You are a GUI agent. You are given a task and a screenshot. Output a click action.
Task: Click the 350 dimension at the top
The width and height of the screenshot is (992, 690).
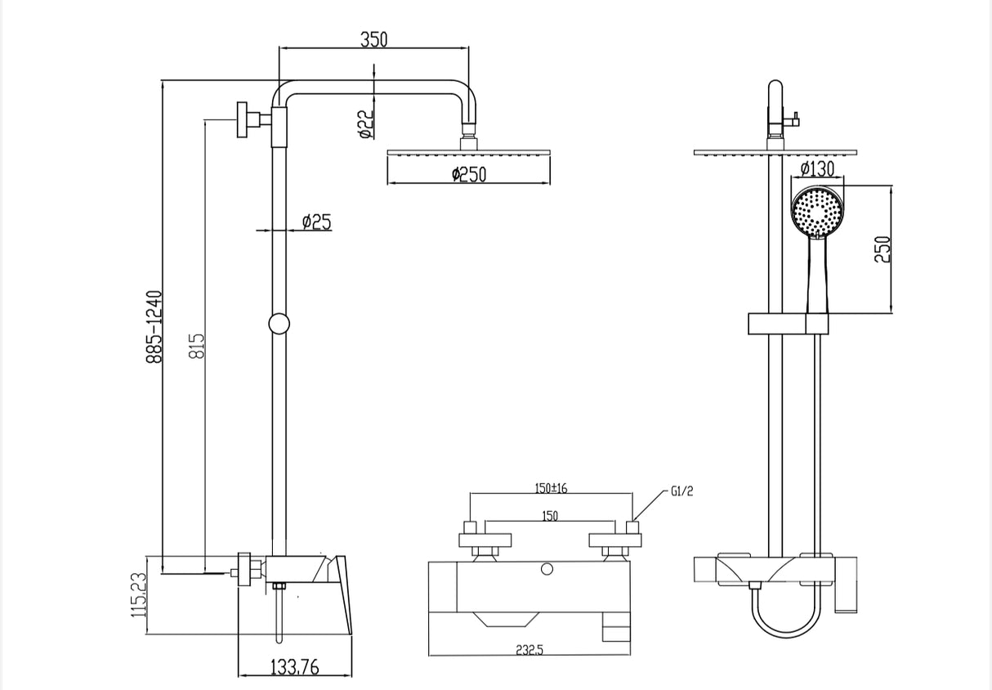click(373, 38)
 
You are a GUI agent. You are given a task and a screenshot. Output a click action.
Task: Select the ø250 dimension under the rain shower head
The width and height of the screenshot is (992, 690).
click(468, 174)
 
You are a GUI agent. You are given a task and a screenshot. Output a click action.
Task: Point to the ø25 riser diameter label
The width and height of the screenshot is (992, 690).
click(316, 222)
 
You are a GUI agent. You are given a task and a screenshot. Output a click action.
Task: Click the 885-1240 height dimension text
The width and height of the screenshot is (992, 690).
click(154, 326)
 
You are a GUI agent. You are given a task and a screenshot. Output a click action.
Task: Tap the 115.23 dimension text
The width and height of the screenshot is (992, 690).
click(139, 594)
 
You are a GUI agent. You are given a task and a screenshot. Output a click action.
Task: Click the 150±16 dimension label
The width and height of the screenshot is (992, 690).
click(551, 488)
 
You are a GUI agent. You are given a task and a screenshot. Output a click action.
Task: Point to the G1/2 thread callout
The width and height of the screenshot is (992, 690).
click(681, 492)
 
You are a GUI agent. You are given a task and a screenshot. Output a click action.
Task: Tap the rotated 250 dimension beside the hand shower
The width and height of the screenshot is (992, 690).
click(882, 249)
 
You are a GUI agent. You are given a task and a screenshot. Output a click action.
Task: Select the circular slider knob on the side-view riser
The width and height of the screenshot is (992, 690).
click(279, 324)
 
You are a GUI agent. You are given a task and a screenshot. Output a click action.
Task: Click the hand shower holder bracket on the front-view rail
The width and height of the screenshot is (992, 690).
click(789, 325)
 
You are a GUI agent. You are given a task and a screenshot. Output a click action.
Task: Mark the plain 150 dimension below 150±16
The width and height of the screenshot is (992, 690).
click(550, 517)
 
